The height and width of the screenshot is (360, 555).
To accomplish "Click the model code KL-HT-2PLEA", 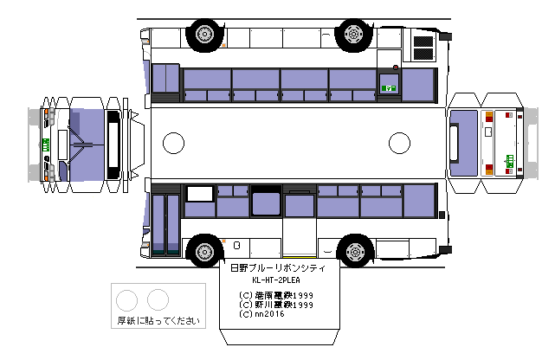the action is pyautogui.click(x=276, y=281).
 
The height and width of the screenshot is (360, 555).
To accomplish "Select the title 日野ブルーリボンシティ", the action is pyautogui.click(x=276, y=269).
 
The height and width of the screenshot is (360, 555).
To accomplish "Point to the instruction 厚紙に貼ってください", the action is pyautogui.click(x=158, y=321).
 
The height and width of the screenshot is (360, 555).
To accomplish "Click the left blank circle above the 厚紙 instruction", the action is pyautogui.click(x=127, y=300).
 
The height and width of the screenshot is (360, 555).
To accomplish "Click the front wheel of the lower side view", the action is pyautogui.click(x=203, y=251).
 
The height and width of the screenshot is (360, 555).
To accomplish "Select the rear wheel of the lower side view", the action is pyautogui.click(x=353, y=251).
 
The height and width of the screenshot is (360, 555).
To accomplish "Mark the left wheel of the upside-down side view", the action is pyautogui.click(x=203, y=33).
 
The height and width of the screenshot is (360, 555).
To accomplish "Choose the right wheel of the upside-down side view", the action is pyautogui.click(x=353, y=33).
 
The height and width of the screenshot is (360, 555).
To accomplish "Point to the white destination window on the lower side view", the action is pyautogui.click(x=200, y=194).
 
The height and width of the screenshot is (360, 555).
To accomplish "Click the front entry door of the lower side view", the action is pyautogui.click(x=165, y=223).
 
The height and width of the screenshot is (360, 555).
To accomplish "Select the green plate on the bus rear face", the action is pyautogui.click(x=510, y=158).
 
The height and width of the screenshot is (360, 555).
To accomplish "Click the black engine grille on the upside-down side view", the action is pyautogui.click(x=423, y=47).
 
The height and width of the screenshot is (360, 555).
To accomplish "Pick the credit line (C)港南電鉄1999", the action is pyautogui.click(x=276, y=295).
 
